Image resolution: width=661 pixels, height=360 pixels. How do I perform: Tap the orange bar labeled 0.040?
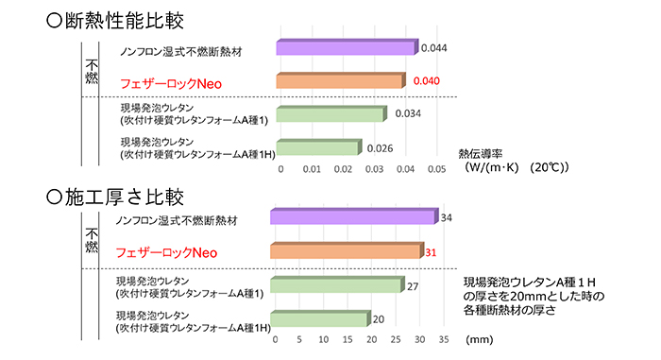pos(340,82)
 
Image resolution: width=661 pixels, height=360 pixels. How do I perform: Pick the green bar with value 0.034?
pos(331,114)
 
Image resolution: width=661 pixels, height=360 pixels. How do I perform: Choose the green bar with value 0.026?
pos(319,147)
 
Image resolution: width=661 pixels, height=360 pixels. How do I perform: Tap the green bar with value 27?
pos(337,285)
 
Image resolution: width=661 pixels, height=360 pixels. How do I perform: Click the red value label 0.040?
pos(427,82)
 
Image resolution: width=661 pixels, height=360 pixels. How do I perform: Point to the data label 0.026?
pos(380,148)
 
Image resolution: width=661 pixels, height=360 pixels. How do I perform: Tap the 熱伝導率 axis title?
pos(480,152)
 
